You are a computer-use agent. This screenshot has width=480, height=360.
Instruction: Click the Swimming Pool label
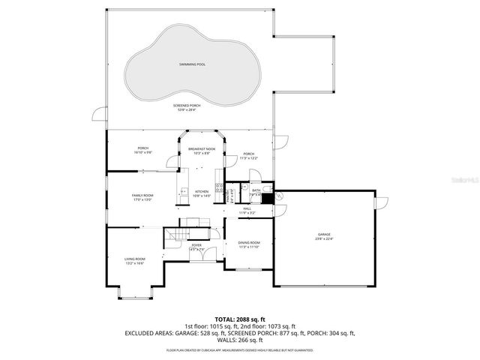[x=193, y=64]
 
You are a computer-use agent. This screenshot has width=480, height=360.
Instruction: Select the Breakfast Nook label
[x=202, y=148]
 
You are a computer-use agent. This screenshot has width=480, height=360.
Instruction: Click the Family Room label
[x=142, y=195]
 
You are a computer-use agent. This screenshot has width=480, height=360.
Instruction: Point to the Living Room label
[x=135, y=259]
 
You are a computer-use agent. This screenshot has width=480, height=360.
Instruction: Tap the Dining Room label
[x=249, y=243]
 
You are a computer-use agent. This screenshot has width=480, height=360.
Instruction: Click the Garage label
[x=324, y=235]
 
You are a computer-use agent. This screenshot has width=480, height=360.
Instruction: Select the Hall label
[x=247, y=208]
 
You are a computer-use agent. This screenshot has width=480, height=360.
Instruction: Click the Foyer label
[x=196, y=245]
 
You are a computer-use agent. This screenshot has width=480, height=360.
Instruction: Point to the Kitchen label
[x=202, y=192]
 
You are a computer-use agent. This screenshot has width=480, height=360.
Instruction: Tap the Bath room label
[x=256, y=190]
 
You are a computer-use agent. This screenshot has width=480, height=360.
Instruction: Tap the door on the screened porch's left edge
[x=98, y=115]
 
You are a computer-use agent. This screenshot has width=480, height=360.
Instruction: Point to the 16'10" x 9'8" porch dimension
[x=143, y=152]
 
